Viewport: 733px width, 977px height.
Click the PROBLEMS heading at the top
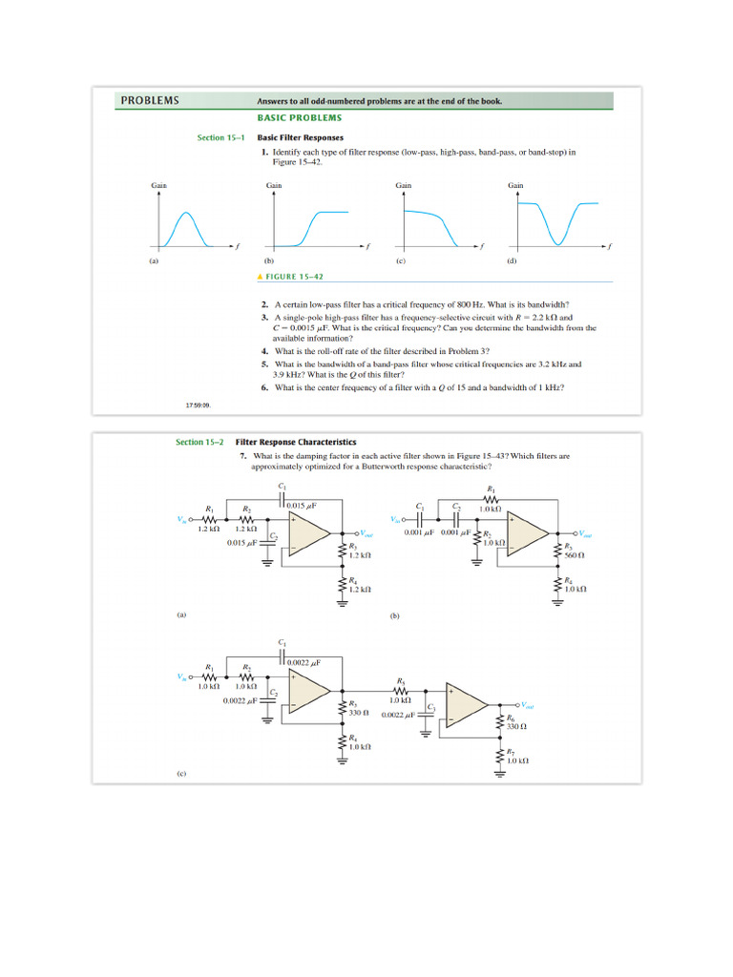[149, 100]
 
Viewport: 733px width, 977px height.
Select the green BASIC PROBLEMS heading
[299, 117]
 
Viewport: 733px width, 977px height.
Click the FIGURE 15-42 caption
[291, 277]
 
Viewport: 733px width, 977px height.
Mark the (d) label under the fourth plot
[512, 260]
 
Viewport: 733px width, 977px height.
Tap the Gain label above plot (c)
[404, 185]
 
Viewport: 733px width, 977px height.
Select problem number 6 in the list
[263, 388]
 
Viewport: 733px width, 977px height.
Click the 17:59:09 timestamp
[198, 405]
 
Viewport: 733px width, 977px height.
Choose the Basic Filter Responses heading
[300, 137]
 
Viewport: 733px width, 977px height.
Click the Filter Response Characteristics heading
[296, 442]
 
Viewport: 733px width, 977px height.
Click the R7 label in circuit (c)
[511, 752]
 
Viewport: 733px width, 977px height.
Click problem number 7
[244, 456]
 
